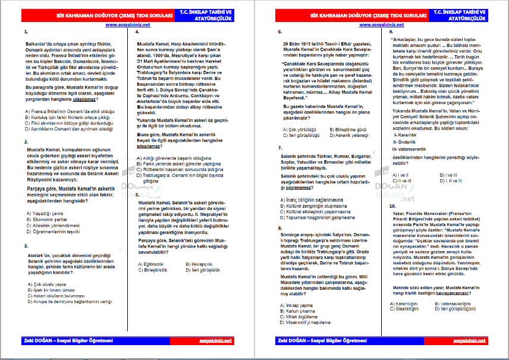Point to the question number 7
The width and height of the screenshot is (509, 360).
279,147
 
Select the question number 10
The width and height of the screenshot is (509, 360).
392,206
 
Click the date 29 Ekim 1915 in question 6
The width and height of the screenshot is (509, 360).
298,44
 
